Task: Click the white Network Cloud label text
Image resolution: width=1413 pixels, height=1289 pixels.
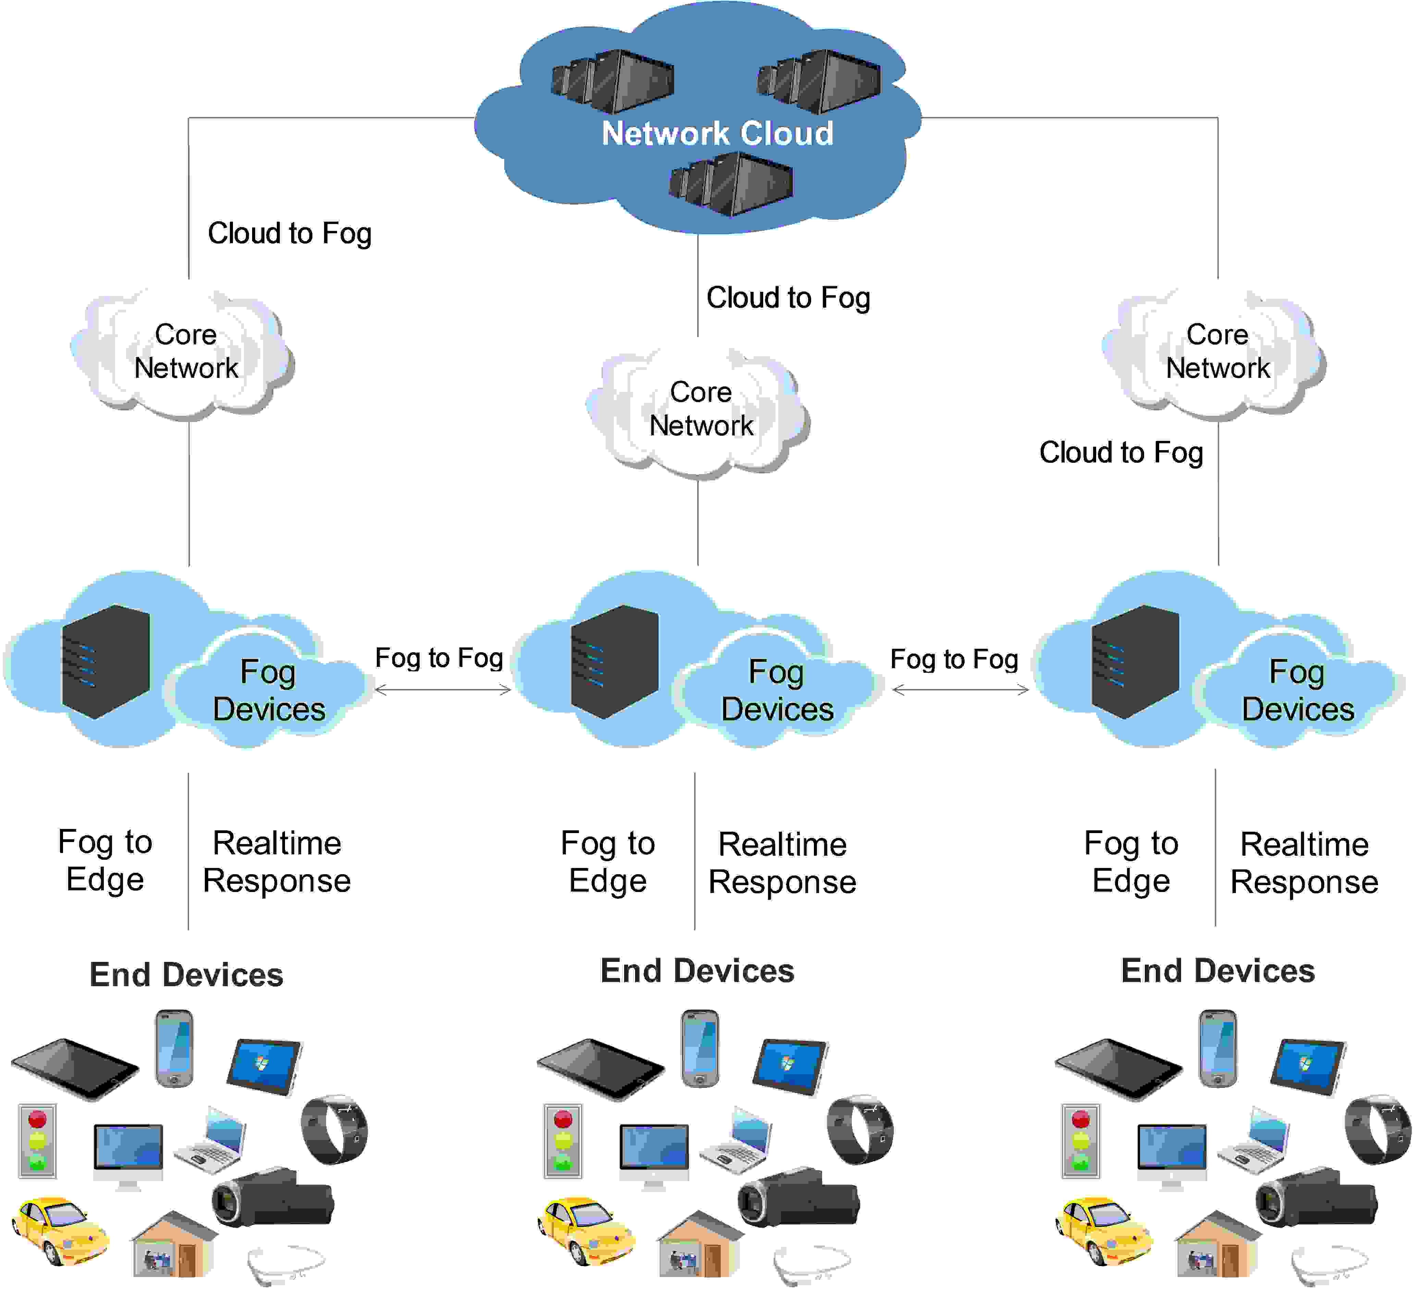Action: tap(717, 133)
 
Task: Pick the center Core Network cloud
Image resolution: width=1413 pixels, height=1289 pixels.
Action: tap(699, 410)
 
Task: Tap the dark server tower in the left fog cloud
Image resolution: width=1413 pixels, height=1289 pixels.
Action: tap(106, 662)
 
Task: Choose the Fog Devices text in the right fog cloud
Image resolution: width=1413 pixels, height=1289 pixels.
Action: tap(1297, 691)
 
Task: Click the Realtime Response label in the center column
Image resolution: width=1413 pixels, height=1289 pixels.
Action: tap(782, 863)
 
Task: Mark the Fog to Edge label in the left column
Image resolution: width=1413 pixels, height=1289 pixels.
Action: tap(105, 861)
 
